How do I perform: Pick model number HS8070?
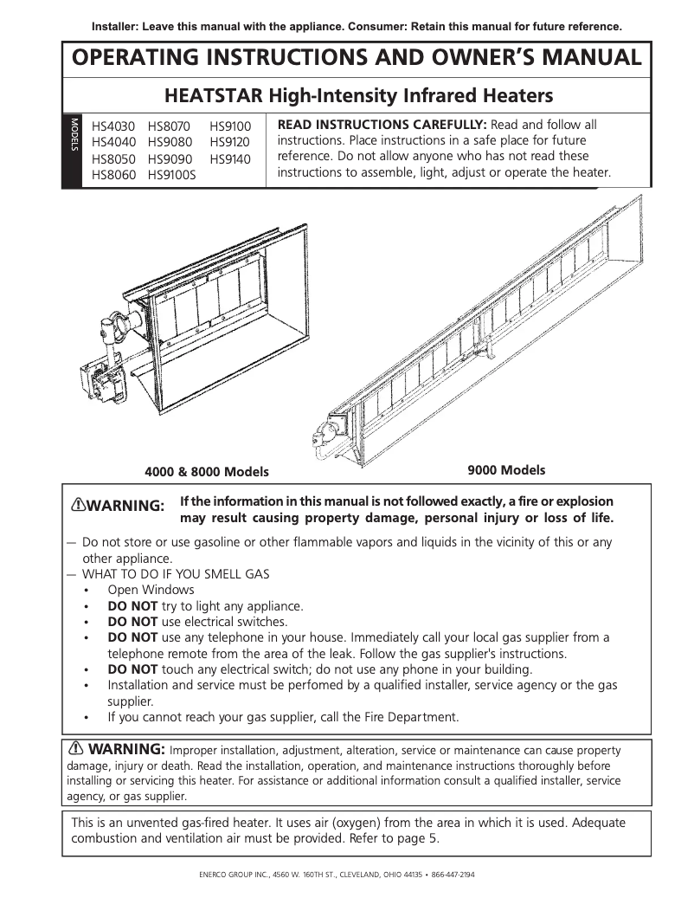click(170, 126)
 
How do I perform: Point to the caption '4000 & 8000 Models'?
click(206, 472)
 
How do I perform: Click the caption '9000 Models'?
click(506, 470)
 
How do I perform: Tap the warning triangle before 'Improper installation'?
click(77, 748)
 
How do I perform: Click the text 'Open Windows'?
click(151, 590)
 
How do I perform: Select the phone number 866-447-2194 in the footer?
click(453, 875)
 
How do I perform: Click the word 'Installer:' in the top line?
click(120, 26)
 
